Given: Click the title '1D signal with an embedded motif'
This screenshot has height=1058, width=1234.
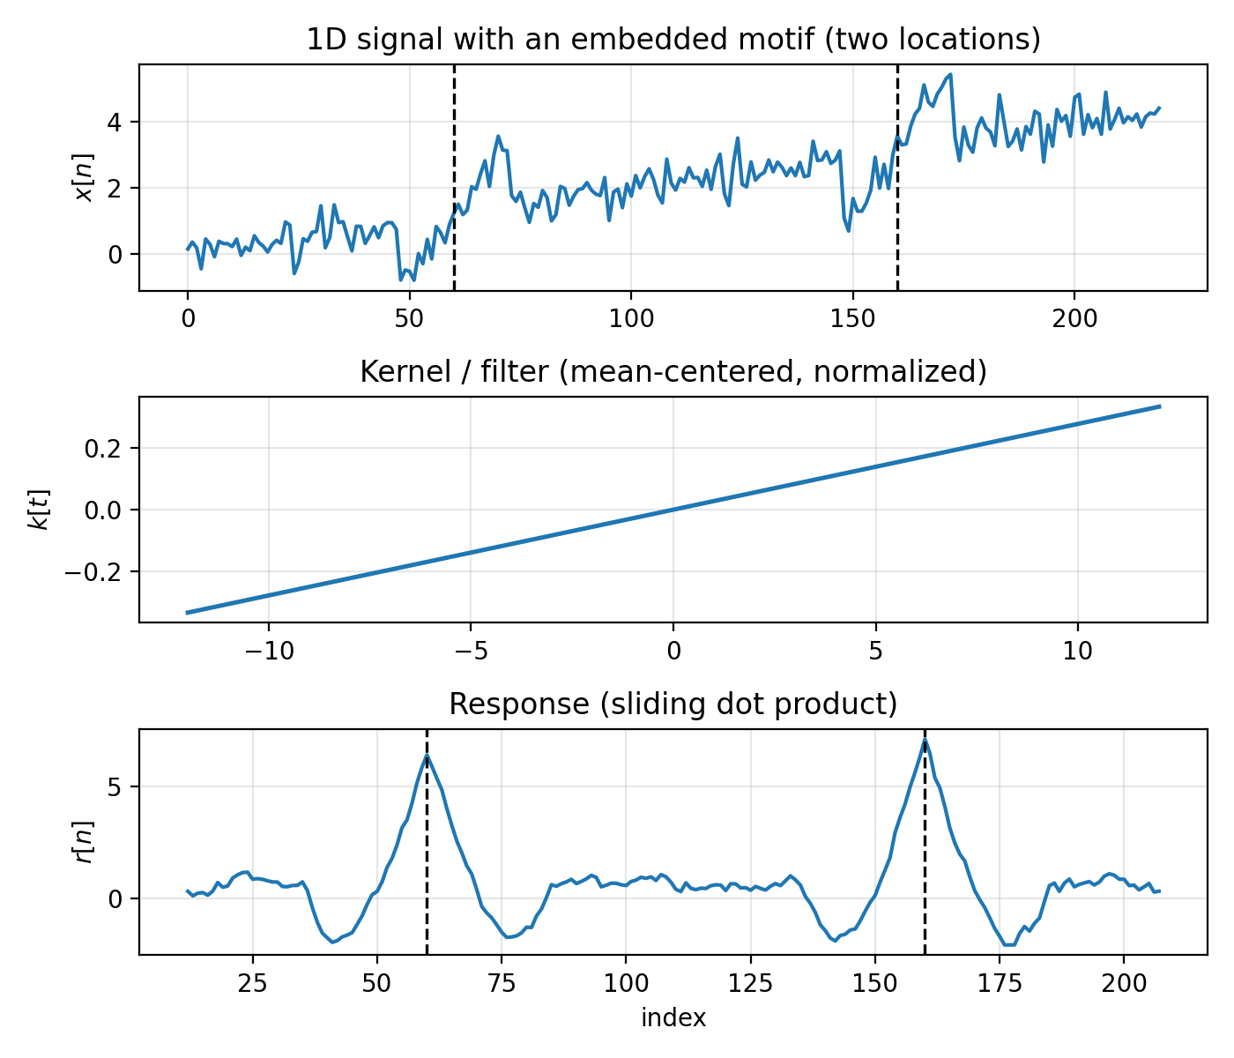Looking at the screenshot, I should click(673, 40).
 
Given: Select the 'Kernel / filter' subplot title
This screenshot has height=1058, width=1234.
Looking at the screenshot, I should click(673, 372).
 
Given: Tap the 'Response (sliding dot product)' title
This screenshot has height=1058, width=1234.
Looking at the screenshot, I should click(673, 704).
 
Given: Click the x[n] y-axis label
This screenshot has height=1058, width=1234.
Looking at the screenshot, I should click(85, 177).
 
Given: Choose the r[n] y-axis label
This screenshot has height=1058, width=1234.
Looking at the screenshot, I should click(85, 842).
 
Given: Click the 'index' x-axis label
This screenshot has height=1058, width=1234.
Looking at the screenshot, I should click(673, 1018).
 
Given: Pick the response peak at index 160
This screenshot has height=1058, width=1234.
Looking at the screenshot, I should click(925, 741).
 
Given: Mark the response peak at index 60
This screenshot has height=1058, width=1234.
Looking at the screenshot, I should click(427, 756).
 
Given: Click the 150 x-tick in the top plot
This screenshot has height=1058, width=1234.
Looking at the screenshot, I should click(852, 318).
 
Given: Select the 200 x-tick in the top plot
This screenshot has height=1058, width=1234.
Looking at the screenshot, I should click(1074, 318).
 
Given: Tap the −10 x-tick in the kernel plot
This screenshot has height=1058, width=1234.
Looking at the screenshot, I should click(268, 651).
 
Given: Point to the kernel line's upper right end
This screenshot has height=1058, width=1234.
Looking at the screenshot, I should click(1159, 406).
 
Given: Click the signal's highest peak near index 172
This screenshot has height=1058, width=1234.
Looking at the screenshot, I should click(950, 75).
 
